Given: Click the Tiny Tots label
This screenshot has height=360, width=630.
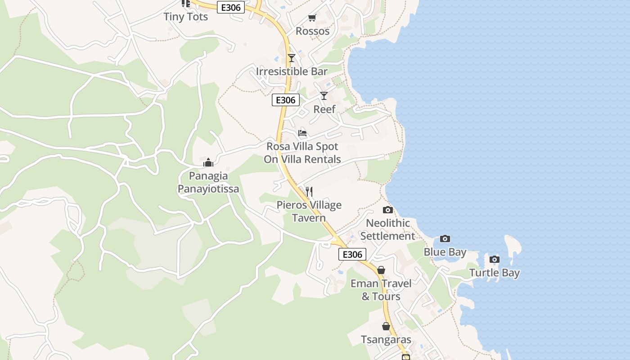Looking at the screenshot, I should pos(185,17).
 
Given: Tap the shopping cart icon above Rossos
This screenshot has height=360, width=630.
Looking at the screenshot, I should pos(312,18).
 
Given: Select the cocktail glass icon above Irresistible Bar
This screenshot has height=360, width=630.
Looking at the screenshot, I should pos(292,58).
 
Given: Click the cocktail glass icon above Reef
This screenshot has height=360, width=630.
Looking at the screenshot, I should pos(324,95).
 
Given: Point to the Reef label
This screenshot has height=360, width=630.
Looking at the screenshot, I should pos(324,109).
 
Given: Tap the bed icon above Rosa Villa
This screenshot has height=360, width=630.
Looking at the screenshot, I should pos(302,133).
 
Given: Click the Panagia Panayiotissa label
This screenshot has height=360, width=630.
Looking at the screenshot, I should pos(208,182).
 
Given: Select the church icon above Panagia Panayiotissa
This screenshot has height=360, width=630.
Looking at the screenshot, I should pos(208,162).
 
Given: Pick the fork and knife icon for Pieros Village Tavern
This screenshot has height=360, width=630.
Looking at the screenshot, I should pos(309,192).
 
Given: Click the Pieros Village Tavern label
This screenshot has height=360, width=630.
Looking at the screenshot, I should pos(309,211).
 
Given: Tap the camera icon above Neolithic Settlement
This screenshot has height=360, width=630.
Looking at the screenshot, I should pos(387,210).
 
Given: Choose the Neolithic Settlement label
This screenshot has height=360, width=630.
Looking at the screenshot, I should pos(387,229).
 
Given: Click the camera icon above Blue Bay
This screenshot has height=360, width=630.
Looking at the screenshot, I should pos(445,238).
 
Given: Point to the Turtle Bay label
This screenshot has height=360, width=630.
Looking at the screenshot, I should pos(495,273).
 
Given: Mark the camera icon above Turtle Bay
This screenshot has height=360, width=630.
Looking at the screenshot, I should pos(495,259).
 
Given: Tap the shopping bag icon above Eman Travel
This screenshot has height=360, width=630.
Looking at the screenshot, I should pos(381,270).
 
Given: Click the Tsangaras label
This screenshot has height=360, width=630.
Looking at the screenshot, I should pos(386,340).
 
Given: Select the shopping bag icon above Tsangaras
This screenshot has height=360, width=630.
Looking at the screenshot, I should pos(386,326).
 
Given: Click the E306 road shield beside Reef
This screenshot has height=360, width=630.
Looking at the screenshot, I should pos(286,100).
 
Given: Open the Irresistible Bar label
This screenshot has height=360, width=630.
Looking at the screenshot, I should pos(292,71).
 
